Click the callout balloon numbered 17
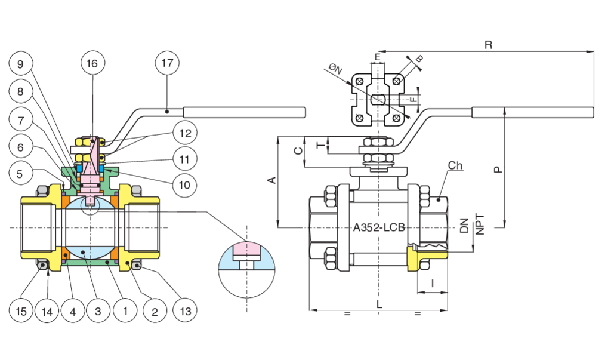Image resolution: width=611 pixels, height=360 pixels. coord(167,63)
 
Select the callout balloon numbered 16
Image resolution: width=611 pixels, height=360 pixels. coord(92,63)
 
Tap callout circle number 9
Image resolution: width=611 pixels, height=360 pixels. coord(21,63)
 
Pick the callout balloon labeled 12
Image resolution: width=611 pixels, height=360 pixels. coord(185,133)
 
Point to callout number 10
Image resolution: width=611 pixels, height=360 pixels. coord(184,185)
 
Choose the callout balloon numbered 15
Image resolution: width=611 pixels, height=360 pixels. coord(21,311)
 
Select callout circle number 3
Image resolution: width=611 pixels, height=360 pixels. coord(98,311)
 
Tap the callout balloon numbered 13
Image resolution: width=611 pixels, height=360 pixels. coord(185,311)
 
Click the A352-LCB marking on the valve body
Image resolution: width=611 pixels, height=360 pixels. coord(379,227)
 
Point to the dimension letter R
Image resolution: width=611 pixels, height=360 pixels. coord(488,45)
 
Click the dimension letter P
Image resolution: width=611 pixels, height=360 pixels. coord(498,170)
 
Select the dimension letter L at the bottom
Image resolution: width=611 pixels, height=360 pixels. coord(379,304)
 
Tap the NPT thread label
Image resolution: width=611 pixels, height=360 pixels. coord(480,224)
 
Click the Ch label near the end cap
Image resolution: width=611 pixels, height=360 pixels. coord(455,165)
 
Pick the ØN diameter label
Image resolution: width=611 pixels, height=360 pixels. coord(335,69)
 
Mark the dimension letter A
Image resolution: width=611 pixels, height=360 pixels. coord(271,180)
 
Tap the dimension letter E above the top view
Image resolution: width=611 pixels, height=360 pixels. coord(377,57)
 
